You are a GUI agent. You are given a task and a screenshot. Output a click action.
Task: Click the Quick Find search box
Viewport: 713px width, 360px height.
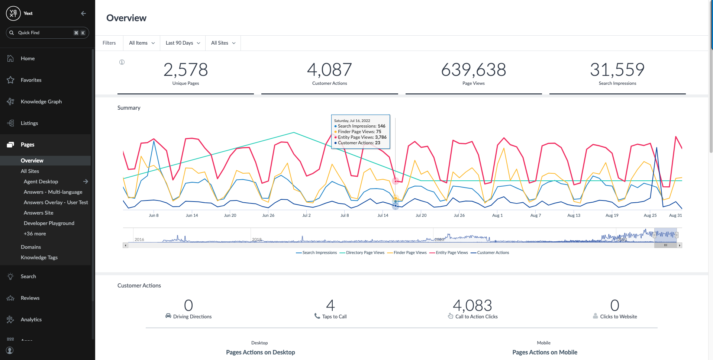[x=47, y=33]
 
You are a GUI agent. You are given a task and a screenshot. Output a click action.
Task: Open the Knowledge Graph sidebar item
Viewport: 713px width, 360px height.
[x=41, y=102]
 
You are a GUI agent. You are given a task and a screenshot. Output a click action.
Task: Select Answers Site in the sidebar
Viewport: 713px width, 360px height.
[x=38, y=213]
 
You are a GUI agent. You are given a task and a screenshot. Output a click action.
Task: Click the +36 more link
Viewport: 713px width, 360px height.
[x=35, y=234]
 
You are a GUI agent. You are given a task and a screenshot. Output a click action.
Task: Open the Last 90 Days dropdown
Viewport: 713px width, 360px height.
[x=183, y=43]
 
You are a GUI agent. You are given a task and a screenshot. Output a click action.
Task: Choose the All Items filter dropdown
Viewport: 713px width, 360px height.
[x=142, y=43]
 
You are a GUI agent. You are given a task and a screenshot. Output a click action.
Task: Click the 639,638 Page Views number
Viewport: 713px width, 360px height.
[x=473, y=70]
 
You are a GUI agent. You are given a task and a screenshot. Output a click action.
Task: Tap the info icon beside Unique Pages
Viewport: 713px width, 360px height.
[x=122, y=62]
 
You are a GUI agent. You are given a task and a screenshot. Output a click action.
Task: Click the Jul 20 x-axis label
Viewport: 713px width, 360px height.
[x=421, y=215]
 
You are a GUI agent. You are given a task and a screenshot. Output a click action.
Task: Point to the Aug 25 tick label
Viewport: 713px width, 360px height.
[x=650, y=215]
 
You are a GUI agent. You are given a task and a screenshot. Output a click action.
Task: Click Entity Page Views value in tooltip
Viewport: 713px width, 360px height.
[x=381, y=137]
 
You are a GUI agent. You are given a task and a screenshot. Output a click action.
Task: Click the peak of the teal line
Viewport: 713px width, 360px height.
[x=294, y=132]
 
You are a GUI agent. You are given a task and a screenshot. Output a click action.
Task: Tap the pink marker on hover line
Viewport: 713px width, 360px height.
[x=396, y=181]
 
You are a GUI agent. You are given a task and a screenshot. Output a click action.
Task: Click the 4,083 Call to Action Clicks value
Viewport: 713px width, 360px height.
[x=472, y=306]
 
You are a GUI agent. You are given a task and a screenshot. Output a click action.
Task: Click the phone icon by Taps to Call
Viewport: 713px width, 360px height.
[x=317, y=316]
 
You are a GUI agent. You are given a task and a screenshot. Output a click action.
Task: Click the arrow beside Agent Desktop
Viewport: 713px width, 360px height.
[x=86, y=181]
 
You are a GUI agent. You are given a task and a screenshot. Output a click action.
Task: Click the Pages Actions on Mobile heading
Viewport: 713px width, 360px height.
[x=545, y=352]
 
